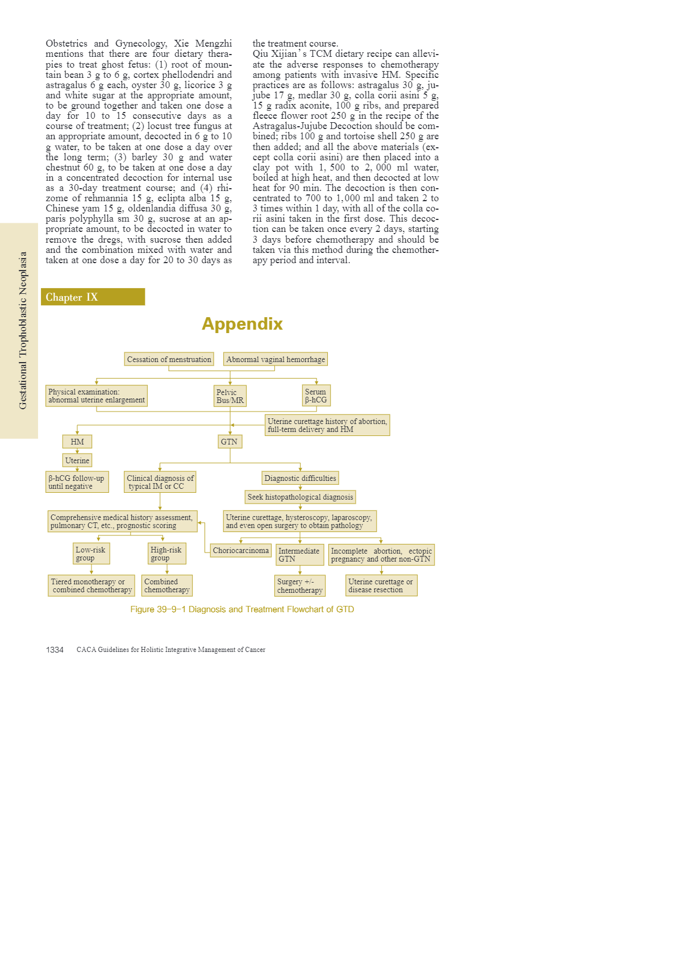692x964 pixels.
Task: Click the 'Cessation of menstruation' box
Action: coord(169,359)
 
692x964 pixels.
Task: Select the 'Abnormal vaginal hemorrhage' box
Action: coord(276,359)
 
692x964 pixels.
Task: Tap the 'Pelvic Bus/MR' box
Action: coord(230,396)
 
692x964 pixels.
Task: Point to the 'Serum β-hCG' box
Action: coord(316,396)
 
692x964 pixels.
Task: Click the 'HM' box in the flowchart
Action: coord(77,442)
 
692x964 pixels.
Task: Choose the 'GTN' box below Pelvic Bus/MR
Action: coord(230,442)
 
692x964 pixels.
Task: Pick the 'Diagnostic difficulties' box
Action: coord(300,478)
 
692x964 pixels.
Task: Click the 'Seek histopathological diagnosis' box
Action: coord(300,497)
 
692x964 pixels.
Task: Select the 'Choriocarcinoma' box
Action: coord(240,550)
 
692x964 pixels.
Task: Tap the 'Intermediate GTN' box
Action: coord(299,555)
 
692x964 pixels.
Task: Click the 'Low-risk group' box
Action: coord(91,554)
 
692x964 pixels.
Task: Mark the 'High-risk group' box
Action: coord(166,554)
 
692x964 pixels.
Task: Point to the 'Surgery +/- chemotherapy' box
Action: coord(300,585)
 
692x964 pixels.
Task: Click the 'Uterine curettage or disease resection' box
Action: coord(381,585)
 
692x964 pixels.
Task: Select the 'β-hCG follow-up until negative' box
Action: coord(77,482)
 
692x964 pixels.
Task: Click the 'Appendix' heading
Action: coord(242,324)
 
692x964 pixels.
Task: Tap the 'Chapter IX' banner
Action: coord(93,297)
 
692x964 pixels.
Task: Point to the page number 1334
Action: coord(55,650)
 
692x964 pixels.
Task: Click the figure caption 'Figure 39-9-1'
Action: coord(242,609)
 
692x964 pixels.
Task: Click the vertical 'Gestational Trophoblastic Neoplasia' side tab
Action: coord(23,330)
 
